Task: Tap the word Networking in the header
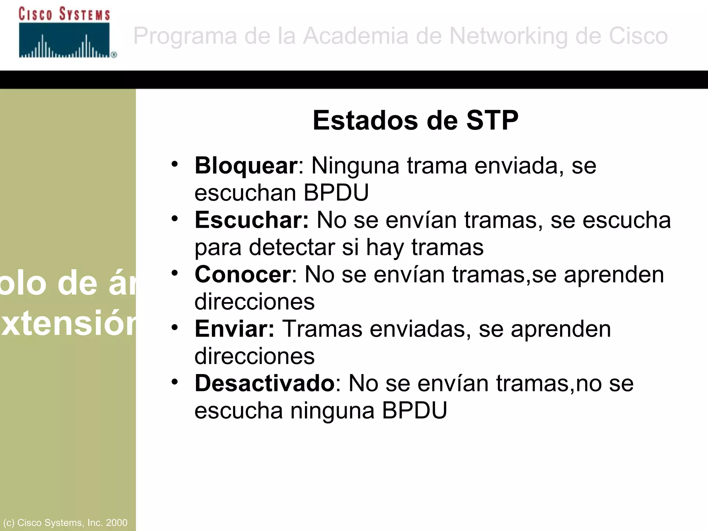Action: coord(508,36)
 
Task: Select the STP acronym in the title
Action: coord(492,120)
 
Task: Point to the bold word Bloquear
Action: coord(246,166)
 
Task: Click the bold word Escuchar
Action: coord(251,220)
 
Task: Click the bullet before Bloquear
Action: coord(175,164)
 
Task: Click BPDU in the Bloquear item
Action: coord(336,193)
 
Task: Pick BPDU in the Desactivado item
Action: coord(414,410)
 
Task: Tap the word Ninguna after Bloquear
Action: coord(355,166)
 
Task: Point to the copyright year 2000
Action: coord(117,522)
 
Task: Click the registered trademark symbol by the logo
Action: coord(114,55)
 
